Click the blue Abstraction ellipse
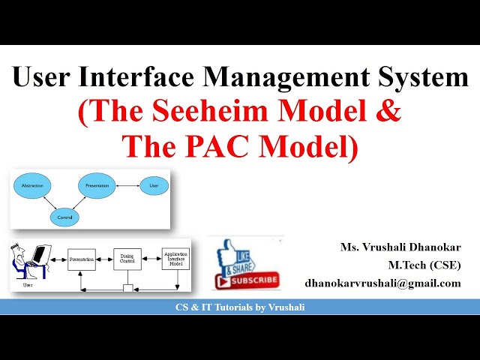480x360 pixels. coord(32,185)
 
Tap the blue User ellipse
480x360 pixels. coord(154,184)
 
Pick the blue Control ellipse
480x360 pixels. coord(64,217)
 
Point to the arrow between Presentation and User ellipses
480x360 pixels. coord(127,184)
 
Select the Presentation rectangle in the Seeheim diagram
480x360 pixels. coord(82,259)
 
